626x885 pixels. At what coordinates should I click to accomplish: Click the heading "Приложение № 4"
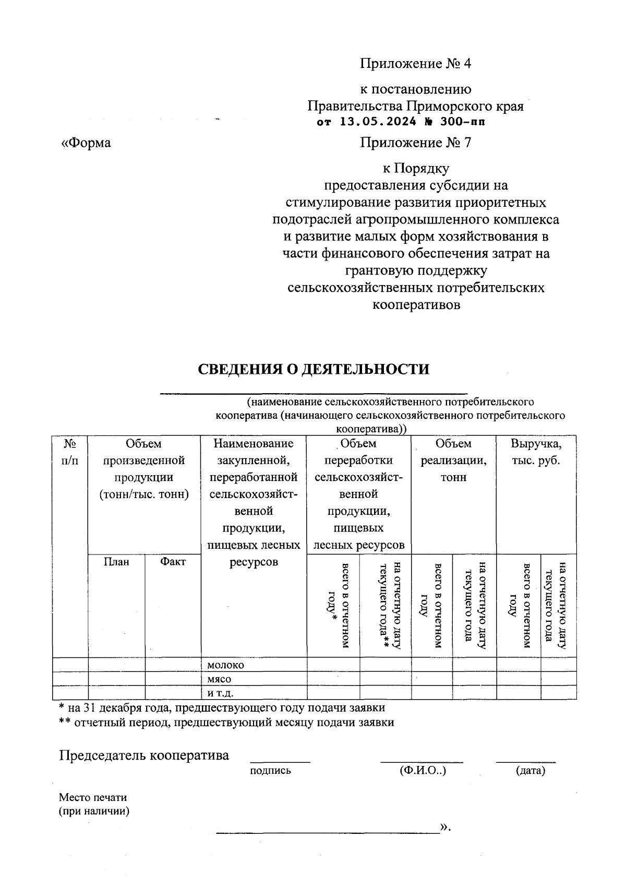(x=415, y=64)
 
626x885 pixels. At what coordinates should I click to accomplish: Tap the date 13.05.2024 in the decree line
(x=378, y=122)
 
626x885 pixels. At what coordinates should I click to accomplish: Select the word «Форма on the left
(x=86, y=143)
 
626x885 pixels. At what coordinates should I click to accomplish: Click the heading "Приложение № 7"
(x=415, y=143)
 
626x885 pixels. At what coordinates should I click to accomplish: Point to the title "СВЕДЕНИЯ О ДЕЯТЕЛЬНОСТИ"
(x=314, y=369)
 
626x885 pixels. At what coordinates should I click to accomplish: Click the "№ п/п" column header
(x=70, y=452)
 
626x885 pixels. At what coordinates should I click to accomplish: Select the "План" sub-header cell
(x=116, y=562)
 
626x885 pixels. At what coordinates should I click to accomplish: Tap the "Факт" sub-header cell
(x=173, y=562)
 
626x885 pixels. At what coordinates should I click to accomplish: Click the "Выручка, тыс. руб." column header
(x=536, y=452)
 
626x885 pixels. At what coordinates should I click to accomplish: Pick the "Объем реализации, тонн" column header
(x=453, y=461)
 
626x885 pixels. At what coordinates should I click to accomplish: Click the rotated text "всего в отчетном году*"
(x=338, y=606)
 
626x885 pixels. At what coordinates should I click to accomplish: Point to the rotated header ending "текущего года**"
(x=389, y=606)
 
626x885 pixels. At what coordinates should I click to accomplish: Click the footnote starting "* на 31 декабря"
(x=222, y=708)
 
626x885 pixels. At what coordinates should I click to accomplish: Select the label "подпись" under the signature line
(x=270, y=771)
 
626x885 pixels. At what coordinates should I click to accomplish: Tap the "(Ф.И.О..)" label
(x=423, y=771)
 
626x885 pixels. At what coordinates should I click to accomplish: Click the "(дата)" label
(x=530, y=771)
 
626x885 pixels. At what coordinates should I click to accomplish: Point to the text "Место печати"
(x=93, y=797)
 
